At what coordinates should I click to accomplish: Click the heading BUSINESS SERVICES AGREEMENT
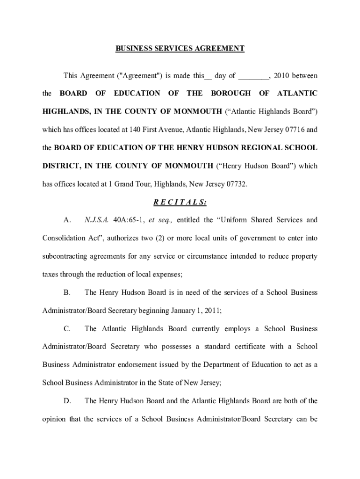click(180, 49)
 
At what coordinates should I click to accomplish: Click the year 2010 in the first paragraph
click(282, 76)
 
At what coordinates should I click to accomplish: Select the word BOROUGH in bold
click(230, 94)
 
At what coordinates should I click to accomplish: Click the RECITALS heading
click(180, 202)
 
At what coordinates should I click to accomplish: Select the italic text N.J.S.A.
click(96, 220)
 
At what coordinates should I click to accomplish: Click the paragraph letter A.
click(67, 220)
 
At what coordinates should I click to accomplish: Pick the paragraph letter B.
click(67, 292)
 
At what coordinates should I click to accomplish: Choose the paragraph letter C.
click(67, 329)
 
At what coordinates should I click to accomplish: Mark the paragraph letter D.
click(67, 401)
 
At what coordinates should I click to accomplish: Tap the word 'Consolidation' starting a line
click(63, 238)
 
